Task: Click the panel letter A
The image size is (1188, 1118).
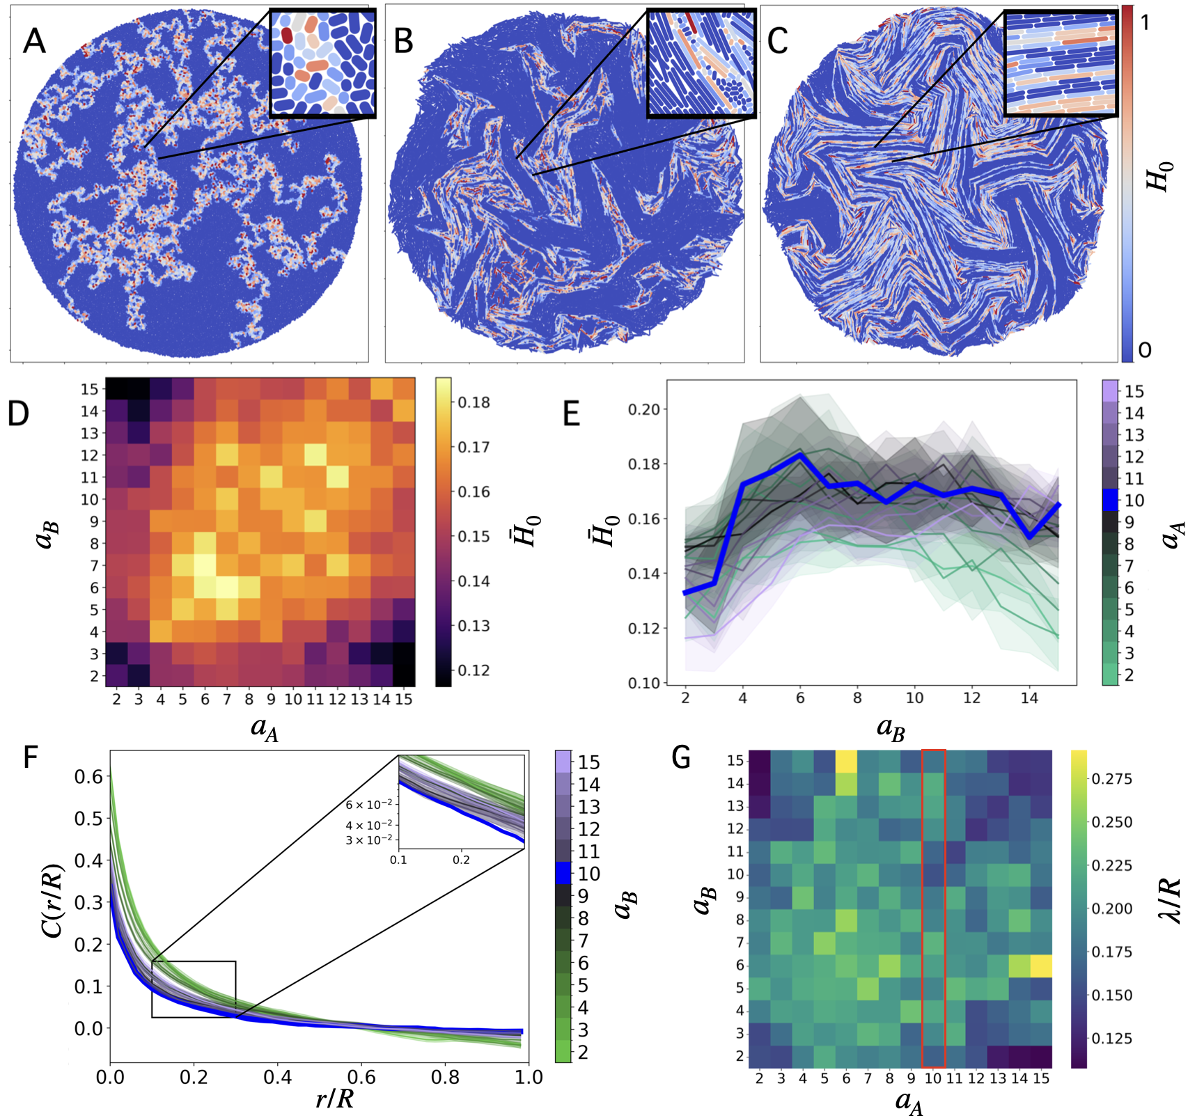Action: (34, 41)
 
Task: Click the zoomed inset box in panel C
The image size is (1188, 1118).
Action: (1061, 63)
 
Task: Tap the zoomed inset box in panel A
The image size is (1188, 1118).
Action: (322, 63)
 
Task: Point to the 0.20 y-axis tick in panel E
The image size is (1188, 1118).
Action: (643, 409)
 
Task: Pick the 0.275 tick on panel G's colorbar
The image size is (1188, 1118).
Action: (1112, 778)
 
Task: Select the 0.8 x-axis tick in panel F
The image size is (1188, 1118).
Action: (445, 1078)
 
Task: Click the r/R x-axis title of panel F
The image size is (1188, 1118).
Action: (335, 1099)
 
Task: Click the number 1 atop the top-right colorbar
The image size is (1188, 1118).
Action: (1144, 22)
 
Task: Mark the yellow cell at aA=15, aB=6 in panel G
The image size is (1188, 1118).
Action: (1040, 965)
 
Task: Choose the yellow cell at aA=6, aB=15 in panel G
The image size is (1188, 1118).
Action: (846, 761)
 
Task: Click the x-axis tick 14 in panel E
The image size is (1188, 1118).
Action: (1029, 698)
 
